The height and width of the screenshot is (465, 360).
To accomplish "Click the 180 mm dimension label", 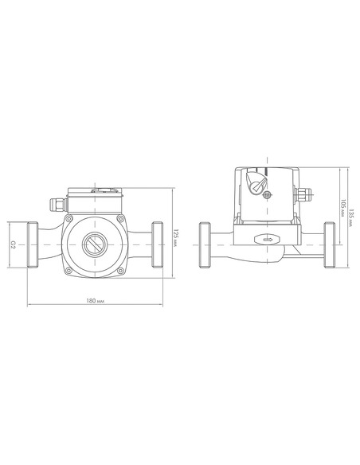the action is click(x=96, y=301).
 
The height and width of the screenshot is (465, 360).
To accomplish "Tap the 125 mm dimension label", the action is click(x=175, y=237).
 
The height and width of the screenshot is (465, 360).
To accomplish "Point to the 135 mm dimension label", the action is click(x=351, y=218).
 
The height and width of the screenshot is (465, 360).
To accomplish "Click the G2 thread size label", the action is click(x=13, y=244).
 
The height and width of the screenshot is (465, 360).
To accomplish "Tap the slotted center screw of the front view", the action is click(x=95, y=245).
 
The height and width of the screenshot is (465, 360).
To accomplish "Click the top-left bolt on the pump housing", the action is click(x=69, y=219).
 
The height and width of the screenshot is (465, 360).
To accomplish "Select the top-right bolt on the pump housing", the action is click(x=120, y=219).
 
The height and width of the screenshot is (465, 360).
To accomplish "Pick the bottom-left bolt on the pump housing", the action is click(x=69, y=271).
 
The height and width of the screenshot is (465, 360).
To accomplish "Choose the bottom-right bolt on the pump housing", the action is click(x=120, y=271).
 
